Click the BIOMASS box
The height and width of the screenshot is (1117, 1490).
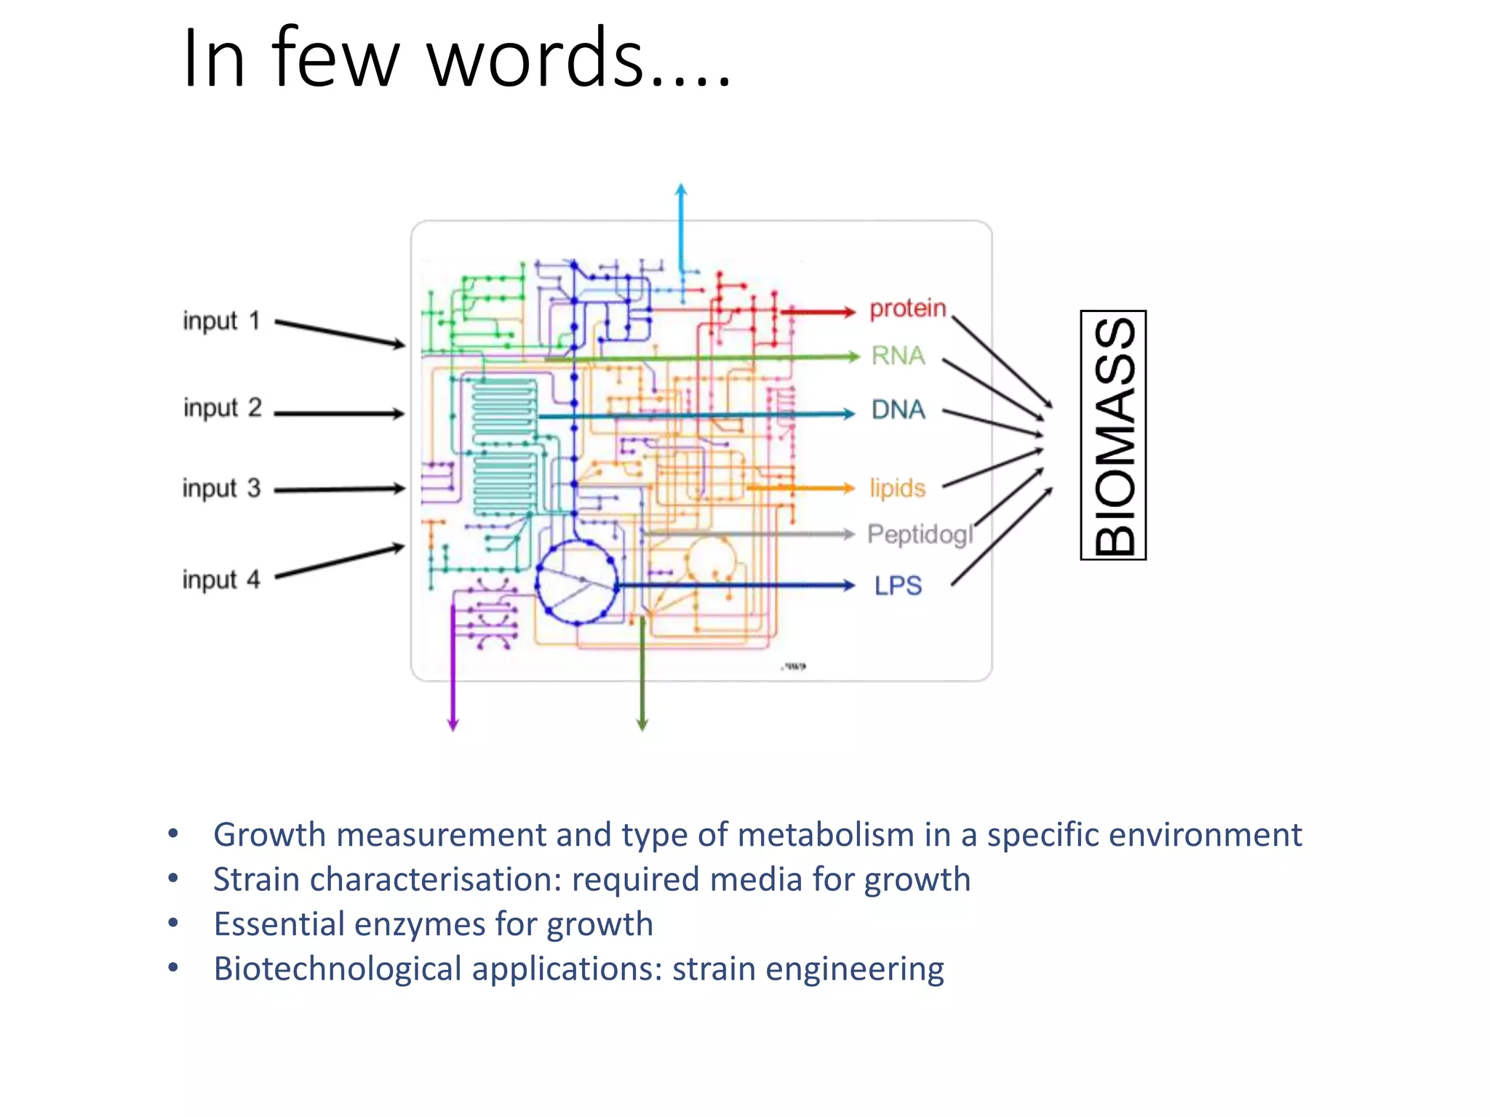(x=1113, y=435)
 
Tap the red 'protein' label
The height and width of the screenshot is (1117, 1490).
(x=907, y=308)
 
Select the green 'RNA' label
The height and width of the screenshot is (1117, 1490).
(x=898, y=356)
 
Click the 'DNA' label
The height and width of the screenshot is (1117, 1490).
(x=899, y=410)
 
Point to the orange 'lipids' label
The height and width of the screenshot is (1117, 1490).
(x=897, y=488)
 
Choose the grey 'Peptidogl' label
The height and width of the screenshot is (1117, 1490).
(x=920, y=535)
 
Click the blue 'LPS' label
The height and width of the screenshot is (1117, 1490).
(x=898, y=585)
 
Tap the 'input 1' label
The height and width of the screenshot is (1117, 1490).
(x=221, y=321)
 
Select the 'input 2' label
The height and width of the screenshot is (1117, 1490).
(x=222, y=408)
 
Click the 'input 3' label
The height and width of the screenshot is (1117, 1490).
(x=221, y=488)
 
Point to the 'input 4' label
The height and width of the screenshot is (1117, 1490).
(x=220, y=580)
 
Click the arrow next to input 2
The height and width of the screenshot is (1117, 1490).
(x=339, y=414)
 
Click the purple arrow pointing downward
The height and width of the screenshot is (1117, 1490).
(x=453, y=669)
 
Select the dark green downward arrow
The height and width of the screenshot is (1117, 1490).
(x=642, y=676)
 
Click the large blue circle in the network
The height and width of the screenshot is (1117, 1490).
(x=577, y=582)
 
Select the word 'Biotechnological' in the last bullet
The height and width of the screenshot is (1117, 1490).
(x=338, y=969)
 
